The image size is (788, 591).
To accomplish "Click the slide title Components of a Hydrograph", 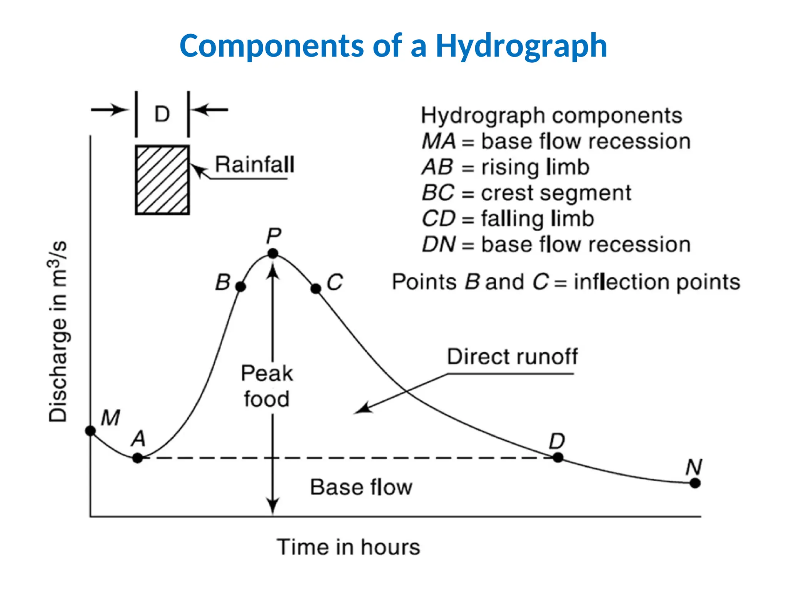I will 393,46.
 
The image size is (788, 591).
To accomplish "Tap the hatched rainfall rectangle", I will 162,180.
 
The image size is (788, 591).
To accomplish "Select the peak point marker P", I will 273,254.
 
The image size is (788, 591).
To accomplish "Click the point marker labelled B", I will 240,287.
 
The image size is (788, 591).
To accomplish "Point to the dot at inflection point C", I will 316,289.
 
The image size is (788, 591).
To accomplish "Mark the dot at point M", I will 90,431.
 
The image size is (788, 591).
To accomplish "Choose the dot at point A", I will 137,458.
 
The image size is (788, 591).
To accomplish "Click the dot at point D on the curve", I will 558,457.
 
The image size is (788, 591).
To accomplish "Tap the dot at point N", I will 695,483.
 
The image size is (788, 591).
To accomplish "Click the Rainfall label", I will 255,165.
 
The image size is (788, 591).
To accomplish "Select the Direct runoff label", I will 512,357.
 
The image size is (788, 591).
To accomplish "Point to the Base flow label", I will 361,487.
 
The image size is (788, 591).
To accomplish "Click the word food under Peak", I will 267,399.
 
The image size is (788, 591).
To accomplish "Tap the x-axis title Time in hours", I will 348,547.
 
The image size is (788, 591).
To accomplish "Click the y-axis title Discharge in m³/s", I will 58,332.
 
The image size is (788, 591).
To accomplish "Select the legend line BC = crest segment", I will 526,193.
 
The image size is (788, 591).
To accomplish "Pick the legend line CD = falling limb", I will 508,219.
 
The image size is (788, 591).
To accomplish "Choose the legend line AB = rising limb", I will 506,167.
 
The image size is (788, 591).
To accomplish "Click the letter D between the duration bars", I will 162,114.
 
